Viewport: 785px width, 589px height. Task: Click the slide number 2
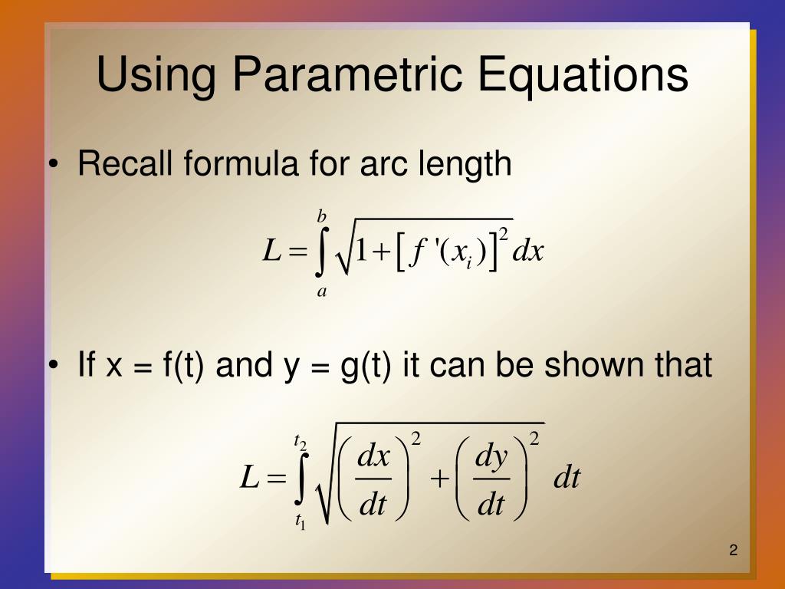tap(734, 550)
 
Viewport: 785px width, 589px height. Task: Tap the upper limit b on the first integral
tap(323, 217)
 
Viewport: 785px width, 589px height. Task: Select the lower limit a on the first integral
tap(323, 291)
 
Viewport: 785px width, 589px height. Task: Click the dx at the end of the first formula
tap(528, 251)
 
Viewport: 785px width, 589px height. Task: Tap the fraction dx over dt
tap(375, 481)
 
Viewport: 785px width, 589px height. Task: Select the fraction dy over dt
tap(491, 481)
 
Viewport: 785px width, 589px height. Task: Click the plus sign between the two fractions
tap(439, 479)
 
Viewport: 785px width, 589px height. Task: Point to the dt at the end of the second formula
tap(567, 479)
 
